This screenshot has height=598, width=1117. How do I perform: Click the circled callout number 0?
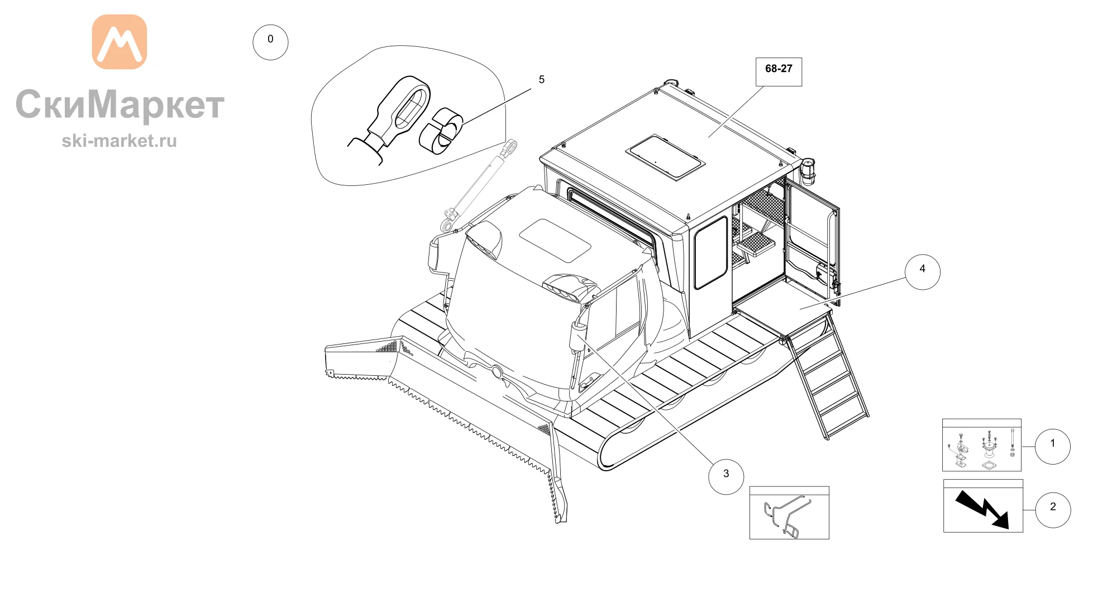[270, 42]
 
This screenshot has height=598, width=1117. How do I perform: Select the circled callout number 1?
[1053, 446]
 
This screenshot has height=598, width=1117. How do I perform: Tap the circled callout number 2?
[1053, 510]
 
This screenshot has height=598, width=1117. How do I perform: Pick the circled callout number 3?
[726, 476]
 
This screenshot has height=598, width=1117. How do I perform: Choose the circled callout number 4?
[923, 272]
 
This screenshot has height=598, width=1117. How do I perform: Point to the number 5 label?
[542, 80]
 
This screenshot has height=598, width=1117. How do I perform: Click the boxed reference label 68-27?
[779, 71]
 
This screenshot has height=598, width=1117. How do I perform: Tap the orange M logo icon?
[120, 42]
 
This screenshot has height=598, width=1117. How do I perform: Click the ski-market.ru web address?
[120, 141]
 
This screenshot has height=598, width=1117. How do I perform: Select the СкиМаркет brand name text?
[120, 104]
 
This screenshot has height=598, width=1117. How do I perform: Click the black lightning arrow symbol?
[982, 509]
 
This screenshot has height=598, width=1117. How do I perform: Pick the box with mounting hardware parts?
[982, 445]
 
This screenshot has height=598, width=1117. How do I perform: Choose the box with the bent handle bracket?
[789, 513]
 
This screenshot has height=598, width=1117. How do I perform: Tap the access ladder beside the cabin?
[827, 377]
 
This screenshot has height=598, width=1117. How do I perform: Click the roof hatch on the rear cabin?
[665, 157]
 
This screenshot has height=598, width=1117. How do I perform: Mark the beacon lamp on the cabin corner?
[808, 171]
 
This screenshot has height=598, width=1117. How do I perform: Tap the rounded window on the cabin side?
[711, 252]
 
